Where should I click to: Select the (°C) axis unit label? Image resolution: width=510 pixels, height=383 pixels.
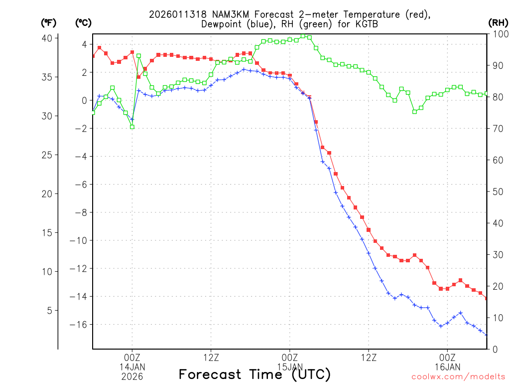click(x=83, y=22)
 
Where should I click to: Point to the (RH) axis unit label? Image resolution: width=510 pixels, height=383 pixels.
click(x=498, y=22)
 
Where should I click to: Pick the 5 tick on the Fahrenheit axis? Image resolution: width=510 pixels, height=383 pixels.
click(x=49, y=310)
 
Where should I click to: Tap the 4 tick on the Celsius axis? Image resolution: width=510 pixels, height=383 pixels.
click(x=84, y=44)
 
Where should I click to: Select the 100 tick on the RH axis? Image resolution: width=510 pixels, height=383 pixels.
click(x=499, y=34)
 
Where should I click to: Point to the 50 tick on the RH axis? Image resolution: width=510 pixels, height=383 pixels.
click(x=497, y=191)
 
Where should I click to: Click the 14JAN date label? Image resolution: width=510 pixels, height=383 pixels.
click(x=132, y=368)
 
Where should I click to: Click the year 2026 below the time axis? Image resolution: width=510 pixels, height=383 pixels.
click(x=132, y=377)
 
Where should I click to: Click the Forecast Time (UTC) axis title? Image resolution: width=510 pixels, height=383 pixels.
click(x=255, y=375)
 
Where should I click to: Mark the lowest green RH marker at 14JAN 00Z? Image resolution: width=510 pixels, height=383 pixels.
click(x=132, y=127)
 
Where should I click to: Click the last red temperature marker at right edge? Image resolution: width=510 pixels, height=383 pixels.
click(x=487, y=298)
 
